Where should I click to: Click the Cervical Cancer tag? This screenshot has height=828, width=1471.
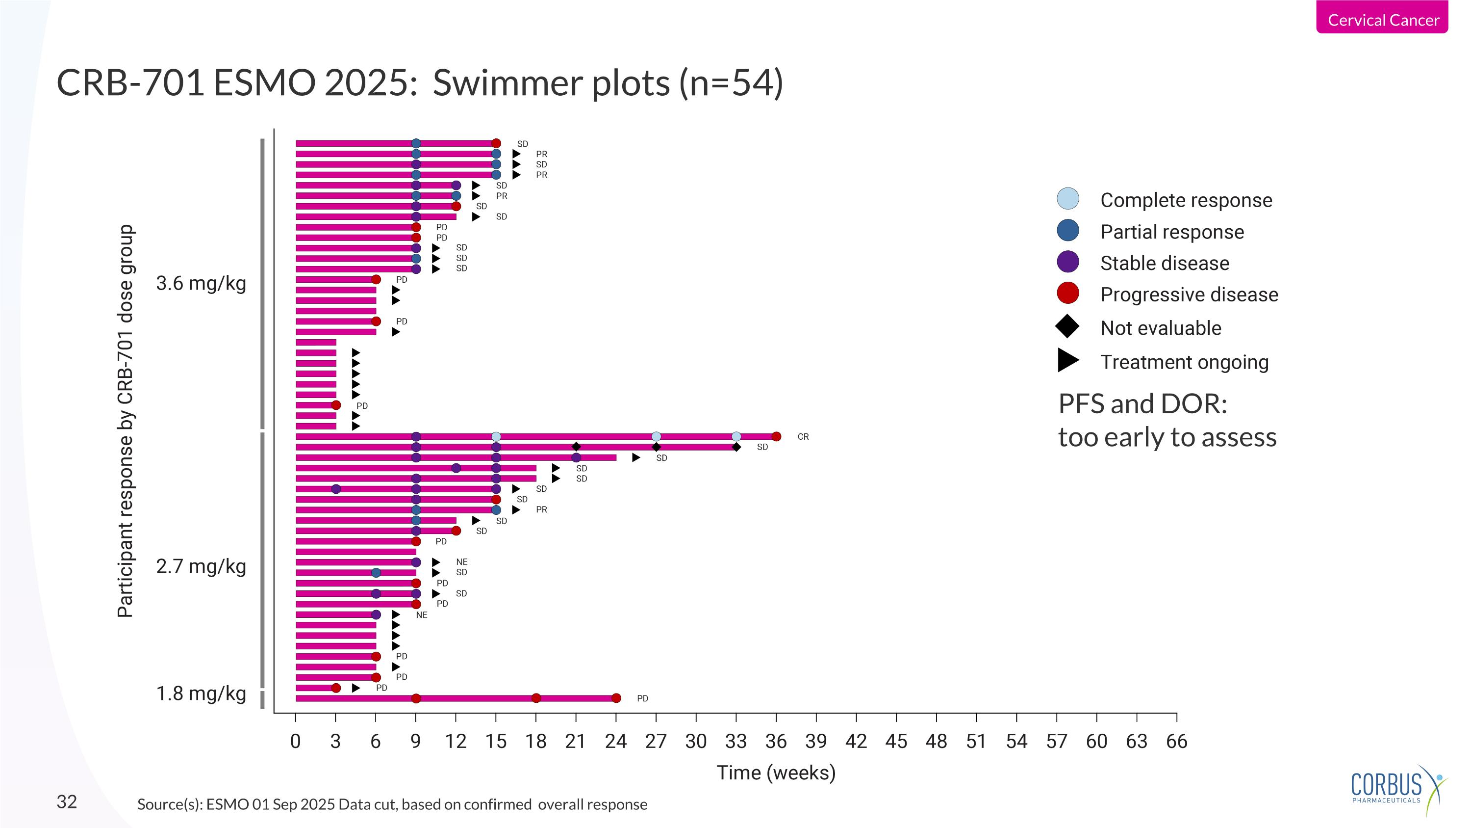pyautogui.click(x=1382, y=20)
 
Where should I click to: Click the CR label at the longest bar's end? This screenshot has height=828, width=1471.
pyautogui.click(x=803, y=436)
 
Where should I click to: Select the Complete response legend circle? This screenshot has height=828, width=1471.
pyautogui.click(x=1068, y=199)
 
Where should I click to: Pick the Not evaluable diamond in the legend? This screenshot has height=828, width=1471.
pyautogui.click(x=1067, y=326)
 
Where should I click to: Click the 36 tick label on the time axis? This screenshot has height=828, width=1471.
pyautogui.click(x=776, y=741)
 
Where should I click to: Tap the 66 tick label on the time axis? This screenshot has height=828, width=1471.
pyautogui.click(x=1176, y=741)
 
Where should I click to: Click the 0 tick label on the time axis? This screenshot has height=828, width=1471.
pyautogui.click(x=295, y=741)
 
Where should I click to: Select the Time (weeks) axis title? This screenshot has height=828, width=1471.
pyautogui.click(x=776, y=773)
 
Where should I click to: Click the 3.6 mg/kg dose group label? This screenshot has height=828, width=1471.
pyautogui.click(x=201, y=283)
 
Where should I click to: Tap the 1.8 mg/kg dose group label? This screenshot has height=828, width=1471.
pyautogui.click(x=201, y=693)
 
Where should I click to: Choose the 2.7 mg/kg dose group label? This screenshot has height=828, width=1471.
pyautogui.click(x=201, y=566)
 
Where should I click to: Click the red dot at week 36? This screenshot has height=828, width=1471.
pyautogui.click(x=776, y=436)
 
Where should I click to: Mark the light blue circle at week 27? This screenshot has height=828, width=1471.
pyautogui.click(x=656, y=436)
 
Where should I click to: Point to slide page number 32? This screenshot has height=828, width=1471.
pyautogui.click(x=67, y=801)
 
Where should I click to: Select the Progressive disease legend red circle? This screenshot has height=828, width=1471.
pyautogui.click(x=1068, y=293)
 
